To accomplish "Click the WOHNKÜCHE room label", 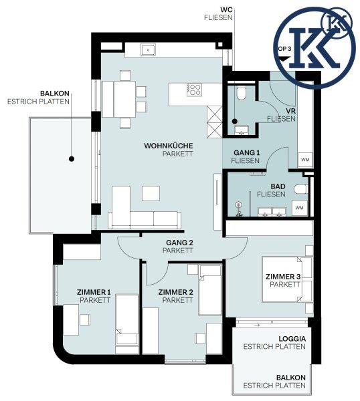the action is (x=169, y=146).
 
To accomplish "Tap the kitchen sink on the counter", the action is (x=148, y=50).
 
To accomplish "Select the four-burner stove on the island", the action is (x=194, y=90).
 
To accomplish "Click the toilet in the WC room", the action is (x=242, y=93).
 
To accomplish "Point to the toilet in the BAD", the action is (x=300, y=190).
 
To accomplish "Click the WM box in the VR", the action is (x=305, y=160).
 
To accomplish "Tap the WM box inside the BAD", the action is (x=299, y=208).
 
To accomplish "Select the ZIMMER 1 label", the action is (x=94, y=292).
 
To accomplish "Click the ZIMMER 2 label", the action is (x=175, y=292).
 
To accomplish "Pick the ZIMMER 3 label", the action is (x=283, y=277).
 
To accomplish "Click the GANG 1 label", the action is (x=246, y=152).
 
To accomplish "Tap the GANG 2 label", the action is (x=179, y=243).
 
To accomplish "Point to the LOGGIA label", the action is (x=292, y=339).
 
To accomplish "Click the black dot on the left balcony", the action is (x=72, y=159).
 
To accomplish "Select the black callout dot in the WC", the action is (x=235, y=121).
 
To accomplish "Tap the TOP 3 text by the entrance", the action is (x=284, y=49).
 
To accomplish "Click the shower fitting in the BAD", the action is (x=239, y=209).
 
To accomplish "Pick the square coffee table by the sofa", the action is (x=151, y=193).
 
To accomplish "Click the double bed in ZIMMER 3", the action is (x=287, y=279).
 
